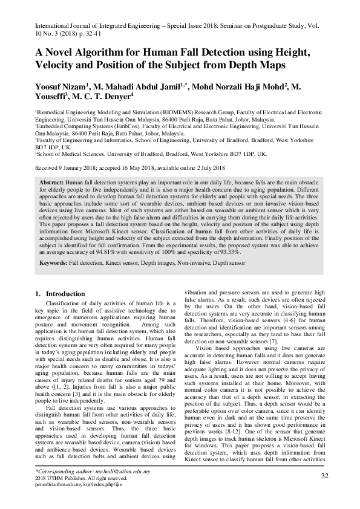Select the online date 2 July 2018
pyautogui.click(x=206, y=167)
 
